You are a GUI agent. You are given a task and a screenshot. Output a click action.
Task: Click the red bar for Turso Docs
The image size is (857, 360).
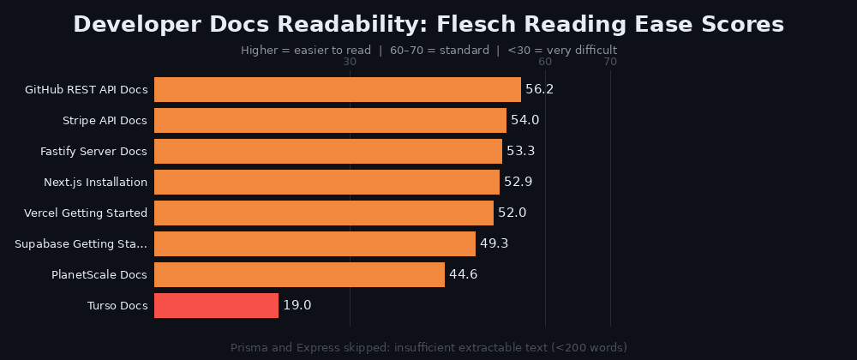pos(216,306)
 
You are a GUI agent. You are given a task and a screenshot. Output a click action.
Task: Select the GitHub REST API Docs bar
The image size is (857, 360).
pos(337,90)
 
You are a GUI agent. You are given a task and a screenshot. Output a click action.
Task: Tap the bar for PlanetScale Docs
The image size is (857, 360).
pos(299,275)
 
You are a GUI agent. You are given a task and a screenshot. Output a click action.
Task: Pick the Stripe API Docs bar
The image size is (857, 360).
pos(330,121)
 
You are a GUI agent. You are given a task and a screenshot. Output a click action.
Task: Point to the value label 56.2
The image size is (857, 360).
pos(540,90)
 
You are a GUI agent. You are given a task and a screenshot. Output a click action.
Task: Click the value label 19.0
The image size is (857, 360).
pos(297,306)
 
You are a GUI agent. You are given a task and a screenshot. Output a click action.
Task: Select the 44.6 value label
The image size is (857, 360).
pos(463,275)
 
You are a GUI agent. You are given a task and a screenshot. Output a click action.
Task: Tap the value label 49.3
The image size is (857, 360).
pos(494,244)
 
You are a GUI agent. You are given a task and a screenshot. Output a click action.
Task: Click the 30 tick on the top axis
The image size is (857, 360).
pos(350,62)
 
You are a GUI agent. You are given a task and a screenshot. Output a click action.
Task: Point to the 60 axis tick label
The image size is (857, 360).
pos(545,62)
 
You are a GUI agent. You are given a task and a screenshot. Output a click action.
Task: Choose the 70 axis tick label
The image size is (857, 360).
pos(610,62)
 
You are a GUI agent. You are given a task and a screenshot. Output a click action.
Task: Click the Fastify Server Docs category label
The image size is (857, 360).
pos(93,152)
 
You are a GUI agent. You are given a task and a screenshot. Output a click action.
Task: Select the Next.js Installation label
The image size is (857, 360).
pos(95,183)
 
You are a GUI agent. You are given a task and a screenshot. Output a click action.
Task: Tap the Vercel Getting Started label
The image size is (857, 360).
pos(86,213)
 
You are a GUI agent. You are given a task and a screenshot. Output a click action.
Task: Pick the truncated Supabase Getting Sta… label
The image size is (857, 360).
pos(81,244)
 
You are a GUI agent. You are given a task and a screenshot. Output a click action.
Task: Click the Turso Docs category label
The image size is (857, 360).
pos(117,306)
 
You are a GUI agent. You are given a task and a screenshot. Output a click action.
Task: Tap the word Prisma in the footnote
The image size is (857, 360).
pos(251,347)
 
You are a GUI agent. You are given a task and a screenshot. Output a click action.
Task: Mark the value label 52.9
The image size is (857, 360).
pos(518,183)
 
